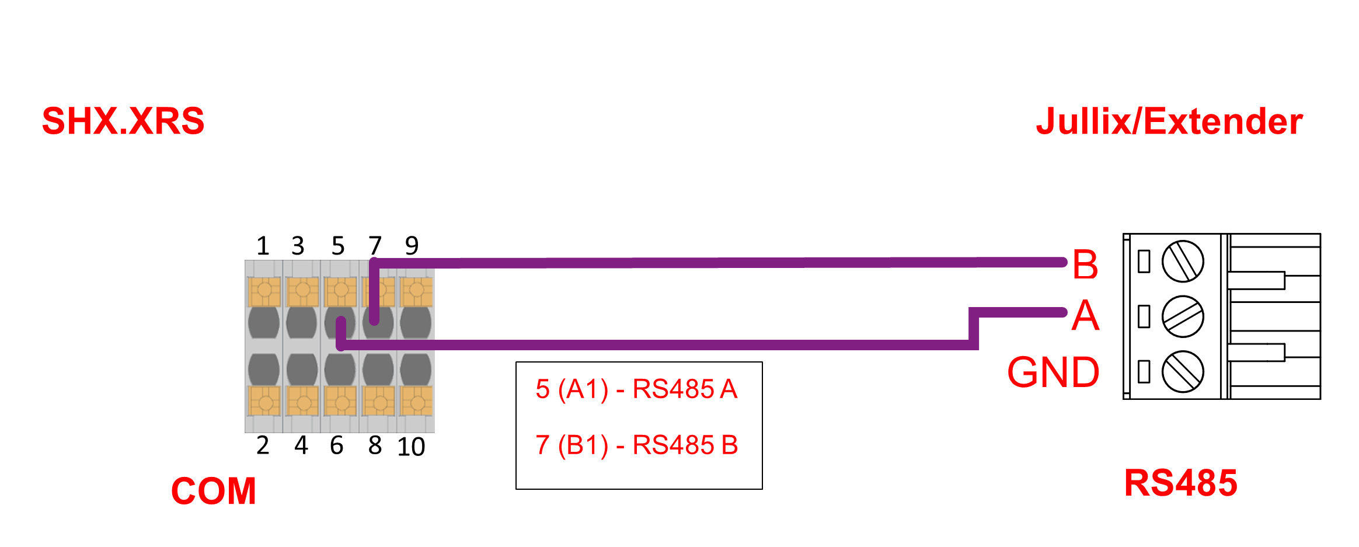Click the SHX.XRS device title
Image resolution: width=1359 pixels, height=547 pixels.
click(123, 121)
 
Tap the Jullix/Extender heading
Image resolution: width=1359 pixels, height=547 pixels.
click(1169, 121)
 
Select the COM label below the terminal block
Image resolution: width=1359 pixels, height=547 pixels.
click(214, 491)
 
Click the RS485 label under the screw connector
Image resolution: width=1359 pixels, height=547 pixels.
click(1180, 483)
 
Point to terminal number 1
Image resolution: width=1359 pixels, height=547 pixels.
click(263, 246)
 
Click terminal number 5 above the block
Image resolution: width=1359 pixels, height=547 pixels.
click(338, 246)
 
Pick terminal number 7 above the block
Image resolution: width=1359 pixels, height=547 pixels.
click(375, 246)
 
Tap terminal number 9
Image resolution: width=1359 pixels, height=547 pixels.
click(412, 246)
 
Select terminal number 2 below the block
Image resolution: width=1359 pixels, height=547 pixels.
click(263, 445)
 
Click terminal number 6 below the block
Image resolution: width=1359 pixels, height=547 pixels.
click(337, 445)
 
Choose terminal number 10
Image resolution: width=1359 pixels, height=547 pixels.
click(411, 447)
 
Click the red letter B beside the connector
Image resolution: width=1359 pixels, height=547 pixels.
click(1085, 264)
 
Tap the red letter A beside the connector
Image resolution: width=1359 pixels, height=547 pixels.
click(1085, 316)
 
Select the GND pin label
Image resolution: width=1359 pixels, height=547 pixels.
click(1053, 372)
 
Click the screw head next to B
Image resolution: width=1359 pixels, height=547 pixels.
click(1183, 261)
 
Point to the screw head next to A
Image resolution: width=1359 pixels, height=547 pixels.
click(1183, 316)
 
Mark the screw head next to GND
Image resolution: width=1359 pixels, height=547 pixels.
click(1183, 371)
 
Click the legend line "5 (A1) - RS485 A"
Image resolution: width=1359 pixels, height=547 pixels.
click(636, 389)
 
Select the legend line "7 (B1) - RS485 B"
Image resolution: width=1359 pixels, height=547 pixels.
click(636, 445)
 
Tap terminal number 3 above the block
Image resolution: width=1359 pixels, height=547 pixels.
click(298, 246)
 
